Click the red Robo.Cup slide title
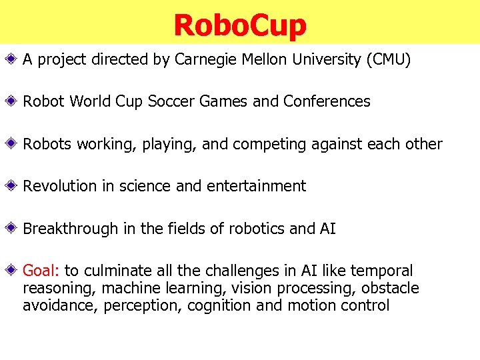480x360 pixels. click(240, 25)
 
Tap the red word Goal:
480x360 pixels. click(41, 271)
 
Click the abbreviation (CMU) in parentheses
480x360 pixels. click(388, 59)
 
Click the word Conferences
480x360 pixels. click(327, 101)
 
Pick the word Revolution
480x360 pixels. click(59, 186)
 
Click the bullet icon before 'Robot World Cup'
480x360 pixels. click(13, 101)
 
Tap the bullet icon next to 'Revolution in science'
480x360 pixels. click(13, 186)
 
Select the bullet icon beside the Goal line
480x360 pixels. click(13, 271)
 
